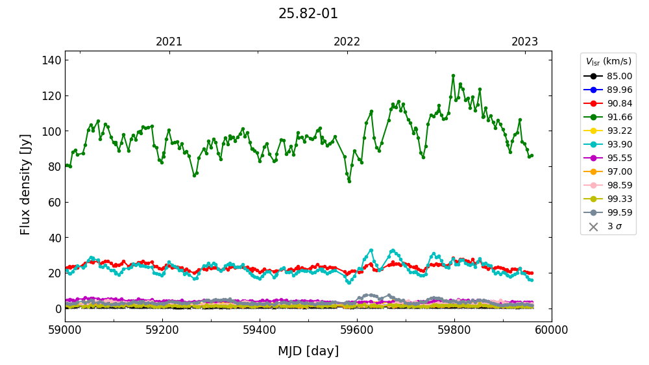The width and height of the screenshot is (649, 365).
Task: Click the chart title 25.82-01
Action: tap(308, 14)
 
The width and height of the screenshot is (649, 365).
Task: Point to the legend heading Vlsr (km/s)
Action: tap(608, 62)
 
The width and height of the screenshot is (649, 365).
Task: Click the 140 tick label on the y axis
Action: tap(52, 60)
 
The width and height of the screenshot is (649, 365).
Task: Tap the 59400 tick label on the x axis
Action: tap(260, 330)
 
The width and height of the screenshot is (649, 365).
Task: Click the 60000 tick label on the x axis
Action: tap(552, 330)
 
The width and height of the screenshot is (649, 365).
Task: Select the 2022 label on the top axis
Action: tap(347, 42)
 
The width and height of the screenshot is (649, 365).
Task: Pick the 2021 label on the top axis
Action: tap(169, 42)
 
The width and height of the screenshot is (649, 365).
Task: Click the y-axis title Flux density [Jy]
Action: tap(25, 184)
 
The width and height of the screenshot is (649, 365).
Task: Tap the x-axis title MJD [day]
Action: tap(308, 351)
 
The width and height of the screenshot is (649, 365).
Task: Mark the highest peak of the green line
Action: tap(453, 75)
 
